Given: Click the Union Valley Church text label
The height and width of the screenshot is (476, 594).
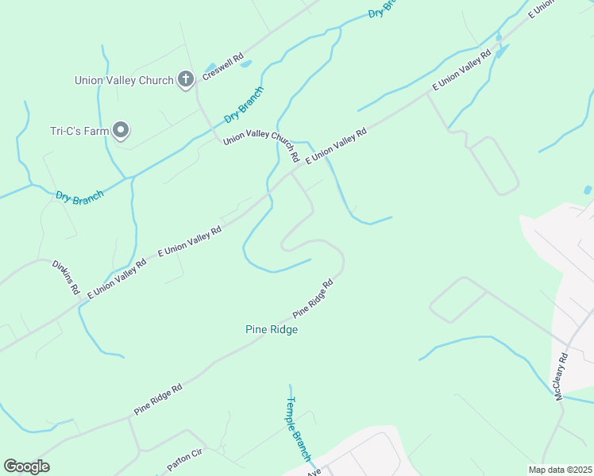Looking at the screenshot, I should (123, 80).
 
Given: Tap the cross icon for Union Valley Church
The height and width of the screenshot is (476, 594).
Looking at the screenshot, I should (186, 79).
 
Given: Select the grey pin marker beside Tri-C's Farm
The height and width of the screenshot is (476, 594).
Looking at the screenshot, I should (121, 129).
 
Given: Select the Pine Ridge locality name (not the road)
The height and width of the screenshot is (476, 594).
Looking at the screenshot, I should (271, 329).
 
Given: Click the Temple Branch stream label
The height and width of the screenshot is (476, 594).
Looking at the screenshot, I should (298, 429).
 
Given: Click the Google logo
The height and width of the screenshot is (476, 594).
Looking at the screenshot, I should (26, 467).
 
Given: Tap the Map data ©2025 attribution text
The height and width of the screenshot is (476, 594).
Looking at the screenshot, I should (561, 470).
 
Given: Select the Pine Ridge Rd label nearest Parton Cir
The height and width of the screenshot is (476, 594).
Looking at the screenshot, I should (158, 399).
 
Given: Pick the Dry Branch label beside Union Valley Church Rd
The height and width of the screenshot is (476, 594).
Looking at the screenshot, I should (243, 106).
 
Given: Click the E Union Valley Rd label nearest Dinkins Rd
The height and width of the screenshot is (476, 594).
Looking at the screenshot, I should (117, 278).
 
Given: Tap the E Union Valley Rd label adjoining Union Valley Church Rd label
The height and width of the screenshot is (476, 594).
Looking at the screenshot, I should (336, 147).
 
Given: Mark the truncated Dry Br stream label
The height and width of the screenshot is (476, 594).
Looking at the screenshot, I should (382, 9).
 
